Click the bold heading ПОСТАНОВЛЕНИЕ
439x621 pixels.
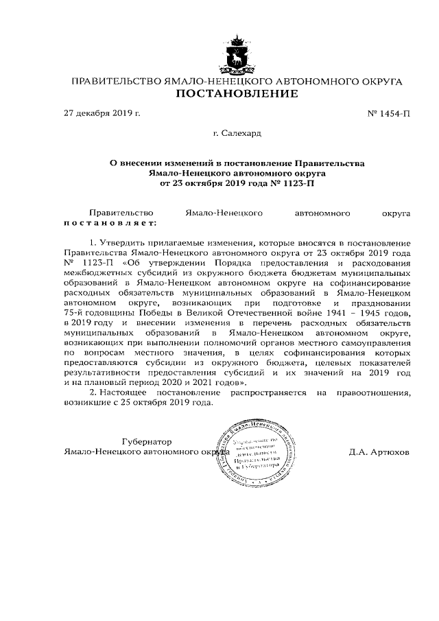pyautogui.click(x=237, y=94)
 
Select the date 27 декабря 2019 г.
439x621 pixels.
pyautogui.click(x=102, y=113)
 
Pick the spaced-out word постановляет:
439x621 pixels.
pyautogui.click(x=110, y=224)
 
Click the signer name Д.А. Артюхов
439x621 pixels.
pyautogui.click(x=379, y=453)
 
